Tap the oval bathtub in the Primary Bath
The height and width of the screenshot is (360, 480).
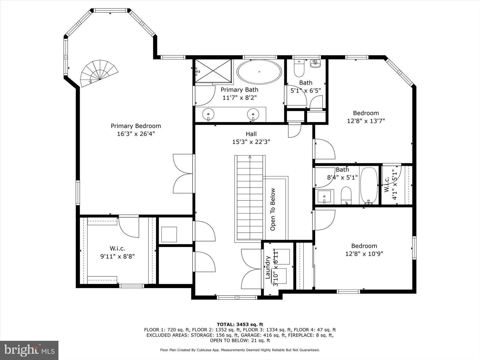coord(259,72)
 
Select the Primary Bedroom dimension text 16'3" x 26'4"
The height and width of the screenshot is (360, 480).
coord(136,134)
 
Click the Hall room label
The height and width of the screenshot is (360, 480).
coord(251,134)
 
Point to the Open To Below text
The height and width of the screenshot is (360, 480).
coord(273,209)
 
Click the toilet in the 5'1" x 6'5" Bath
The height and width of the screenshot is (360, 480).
coord(299,69)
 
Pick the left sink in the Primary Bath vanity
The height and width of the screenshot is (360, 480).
coord(208,114)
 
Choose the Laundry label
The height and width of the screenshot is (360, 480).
coord(268,267)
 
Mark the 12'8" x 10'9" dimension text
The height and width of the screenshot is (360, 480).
coord(364,254)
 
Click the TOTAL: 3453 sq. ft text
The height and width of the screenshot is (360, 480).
coord(240,324)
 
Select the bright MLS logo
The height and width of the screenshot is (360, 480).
coord(29,350)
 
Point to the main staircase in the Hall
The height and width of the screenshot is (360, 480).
coord(250,198)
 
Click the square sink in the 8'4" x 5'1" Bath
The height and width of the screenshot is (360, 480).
coord(325,196)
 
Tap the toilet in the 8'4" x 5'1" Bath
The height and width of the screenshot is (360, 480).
coord(346,196)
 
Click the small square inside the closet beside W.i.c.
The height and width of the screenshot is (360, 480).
coord(169,234)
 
